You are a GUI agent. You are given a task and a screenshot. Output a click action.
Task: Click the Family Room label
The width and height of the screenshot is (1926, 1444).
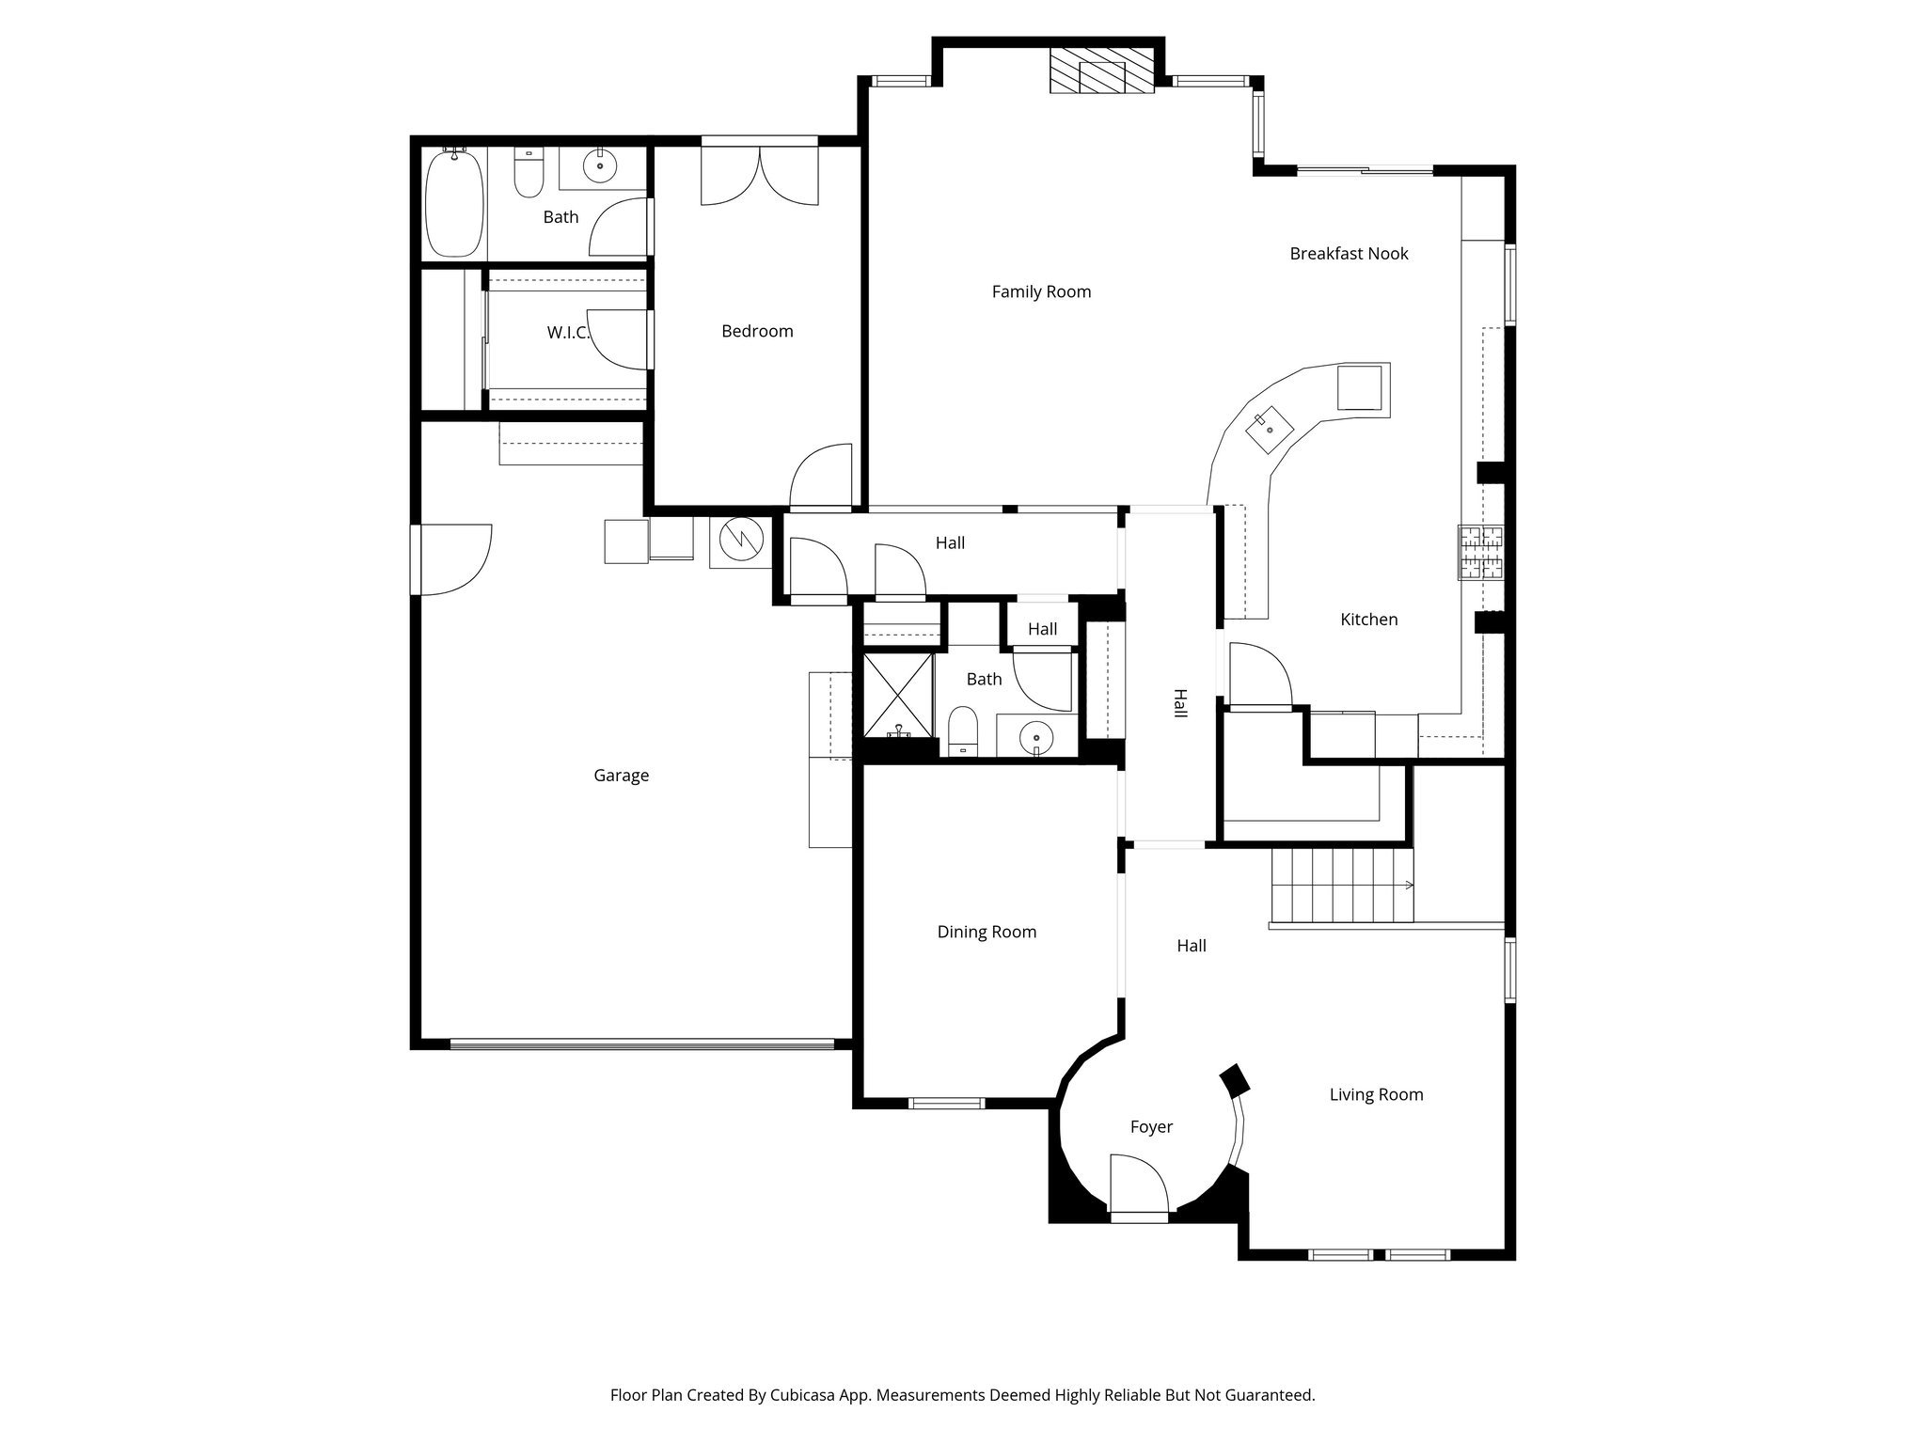[1041, 291]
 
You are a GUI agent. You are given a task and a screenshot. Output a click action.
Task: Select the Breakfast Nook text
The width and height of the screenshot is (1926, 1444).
[1349, 253]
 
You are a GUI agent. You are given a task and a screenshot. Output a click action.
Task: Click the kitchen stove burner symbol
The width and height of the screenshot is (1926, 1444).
[1481, 552]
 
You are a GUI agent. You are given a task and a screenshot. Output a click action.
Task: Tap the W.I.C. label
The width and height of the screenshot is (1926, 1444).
[568, 333]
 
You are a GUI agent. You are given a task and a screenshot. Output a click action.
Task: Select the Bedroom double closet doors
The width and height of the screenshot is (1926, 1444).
[760, 177]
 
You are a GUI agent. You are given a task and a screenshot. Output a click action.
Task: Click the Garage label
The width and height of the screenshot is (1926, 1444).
[621, 776]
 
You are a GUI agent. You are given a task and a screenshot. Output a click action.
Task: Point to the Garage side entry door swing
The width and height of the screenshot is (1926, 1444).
[455, 560]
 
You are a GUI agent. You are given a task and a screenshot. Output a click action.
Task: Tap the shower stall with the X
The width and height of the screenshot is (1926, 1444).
[898, 696]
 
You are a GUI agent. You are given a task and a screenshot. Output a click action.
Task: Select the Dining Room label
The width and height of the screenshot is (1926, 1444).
[987, 932]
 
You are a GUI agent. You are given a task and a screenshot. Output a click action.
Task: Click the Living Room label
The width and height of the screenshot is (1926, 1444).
[1376, 1094]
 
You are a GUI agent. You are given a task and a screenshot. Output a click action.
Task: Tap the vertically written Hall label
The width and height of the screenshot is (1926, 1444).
[1179, 703]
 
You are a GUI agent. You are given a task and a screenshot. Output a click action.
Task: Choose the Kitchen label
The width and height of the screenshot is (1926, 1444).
[1368, 620]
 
